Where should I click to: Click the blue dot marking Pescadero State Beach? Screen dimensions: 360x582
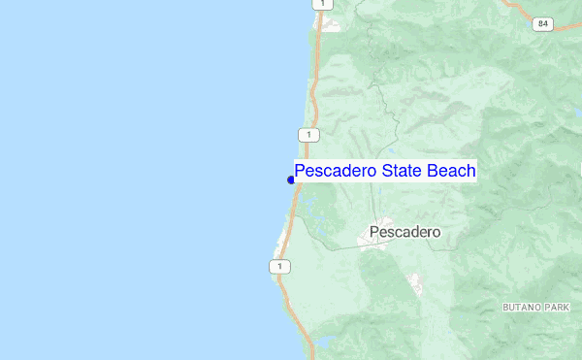291,180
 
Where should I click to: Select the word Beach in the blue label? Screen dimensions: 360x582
452,171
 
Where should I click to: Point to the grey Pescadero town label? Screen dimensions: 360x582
404,233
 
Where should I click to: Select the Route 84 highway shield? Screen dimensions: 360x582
542,23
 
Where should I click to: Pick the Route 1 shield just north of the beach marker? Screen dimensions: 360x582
308,134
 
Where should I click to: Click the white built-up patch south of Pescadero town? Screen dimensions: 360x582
415,283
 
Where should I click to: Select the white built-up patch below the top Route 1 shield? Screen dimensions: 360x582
331,25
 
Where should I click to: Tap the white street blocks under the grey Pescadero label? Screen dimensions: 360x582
372,244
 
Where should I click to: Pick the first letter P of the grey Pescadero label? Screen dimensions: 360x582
374,233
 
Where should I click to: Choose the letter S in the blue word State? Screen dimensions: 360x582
387,171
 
